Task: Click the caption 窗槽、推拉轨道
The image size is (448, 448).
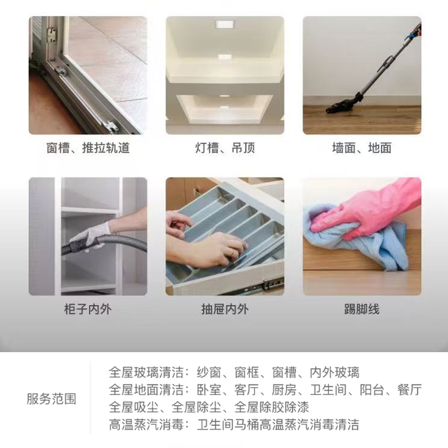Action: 88,148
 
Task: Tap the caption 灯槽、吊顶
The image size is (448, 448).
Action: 225,148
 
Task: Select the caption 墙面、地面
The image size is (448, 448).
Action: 362,148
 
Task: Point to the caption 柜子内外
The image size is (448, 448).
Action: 88,309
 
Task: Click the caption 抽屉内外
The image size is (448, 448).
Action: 225,309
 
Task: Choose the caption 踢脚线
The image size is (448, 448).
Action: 362,309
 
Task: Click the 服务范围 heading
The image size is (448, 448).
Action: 52,399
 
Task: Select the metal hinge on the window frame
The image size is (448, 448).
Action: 52,35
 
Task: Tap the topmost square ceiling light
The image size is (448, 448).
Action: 225,24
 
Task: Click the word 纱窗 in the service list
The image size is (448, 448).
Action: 209,372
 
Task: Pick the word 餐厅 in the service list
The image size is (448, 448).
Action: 409,390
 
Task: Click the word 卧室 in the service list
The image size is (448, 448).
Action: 209,390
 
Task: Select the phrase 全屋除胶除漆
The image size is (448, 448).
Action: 271,407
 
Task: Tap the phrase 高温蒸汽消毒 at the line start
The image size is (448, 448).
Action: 146,425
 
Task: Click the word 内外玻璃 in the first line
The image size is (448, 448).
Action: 335,372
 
